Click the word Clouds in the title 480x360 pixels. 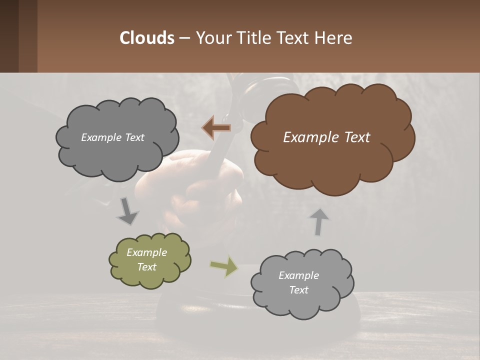click(146, 38)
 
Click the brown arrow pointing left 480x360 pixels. click(216, 128)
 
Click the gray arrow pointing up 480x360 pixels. click(318, 222)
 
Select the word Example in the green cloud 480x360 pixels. click(146, 252)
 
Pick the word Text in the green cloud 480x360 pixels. click(146, 267)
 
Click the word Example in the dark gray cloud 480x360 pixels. click(99, 137)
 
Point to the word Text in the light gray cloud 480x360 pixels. click(298, 290)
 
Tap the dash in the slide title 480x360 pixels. click(184, 38)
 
